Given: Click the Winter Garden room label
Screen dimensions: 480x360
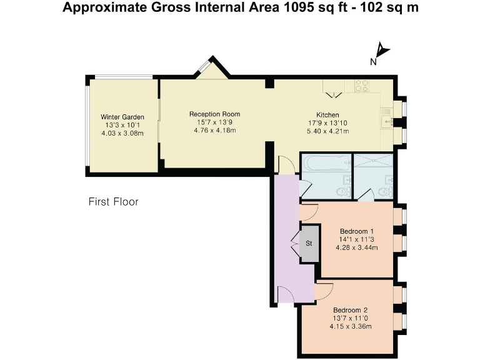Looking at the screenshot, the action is pyautogui.click(x=122, y=117).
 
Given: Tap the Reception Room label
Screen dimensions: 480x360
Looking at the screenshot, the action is pyautogui.click(x=214, y=114).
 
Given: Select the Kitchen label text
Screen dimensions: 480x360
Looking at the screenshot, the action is pyautogui.click(x=327, y=115).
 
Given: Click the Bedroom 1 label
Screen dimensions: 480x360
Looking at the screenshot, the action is pyautogui.click(x=357, y=231).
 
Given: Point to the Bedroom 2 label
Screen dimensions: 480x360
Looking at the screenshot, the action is pyautogui.click(x=350, y=310).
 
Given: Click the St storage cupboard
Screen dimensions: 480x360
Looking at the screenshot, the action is pyautogui.click(x=309, y=243).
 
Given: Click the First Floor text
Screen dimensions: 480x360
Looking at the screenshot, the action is pyautogui.click(x=113, y=202).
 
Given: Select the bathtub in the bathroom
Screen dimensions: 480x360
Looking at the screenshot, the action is pyautogui.click(x=326, y=162).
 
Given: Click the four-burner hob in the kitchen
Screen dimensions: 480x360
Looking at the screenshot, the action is pyautogui.click(x=361, y=86).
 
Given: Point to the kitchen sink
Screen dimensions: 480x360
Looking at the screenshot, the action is pyautogui.click(x=387, y=121).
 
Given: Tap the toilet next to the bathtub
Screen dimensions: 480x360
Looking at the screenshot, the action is pyautogui.click(x=344, y=192).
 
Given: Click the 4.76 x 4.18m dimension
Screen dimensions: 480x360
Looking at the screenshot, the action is pyautogui.click(x=214, y=131).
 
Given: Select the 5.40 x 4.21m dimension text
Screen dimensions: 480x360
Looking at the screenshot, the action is pyautogui.click(x=327, y=131).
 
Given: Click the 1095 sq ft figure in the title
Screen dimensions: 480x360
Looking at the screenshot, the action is pyautogui.click(x=316, y=7).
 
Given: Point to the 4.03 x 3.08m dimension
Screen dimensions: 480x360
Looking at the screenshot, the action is pyautogui.click(x=122, y=133).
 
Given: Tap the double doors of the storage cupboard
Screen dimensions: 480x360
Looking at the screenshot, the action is pyautogui.click(x=296, y=243).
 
